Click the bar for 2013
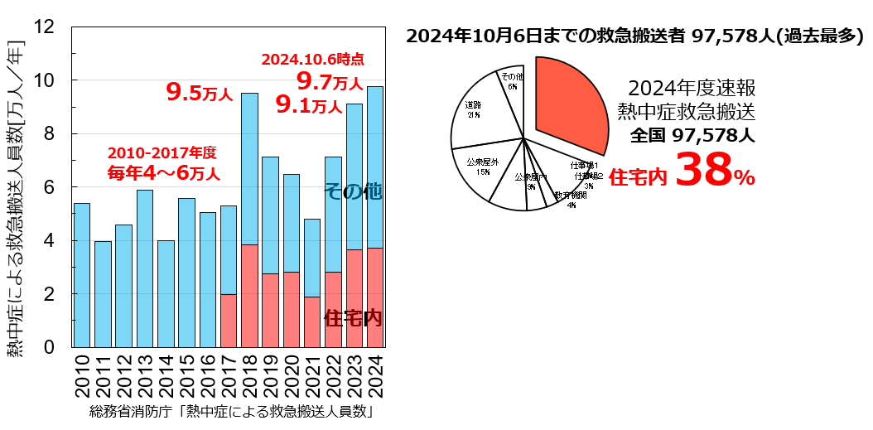click(145, 268)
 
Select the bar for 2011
click(103, 294)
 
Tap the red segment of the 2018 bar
click(249, 296)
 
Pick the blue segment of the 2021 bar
click(312, 258)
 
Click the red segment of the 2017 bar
click(229, 321)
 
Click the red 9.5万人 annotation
click(200, 92)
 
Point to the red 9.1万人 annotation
click(309, 105)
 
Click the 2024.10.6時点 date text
click(312, 60)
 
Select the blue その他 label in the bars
click(353, 191)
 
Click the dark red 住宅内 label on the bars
click(353, 318)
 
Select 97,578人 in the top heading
click(726, 36)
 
